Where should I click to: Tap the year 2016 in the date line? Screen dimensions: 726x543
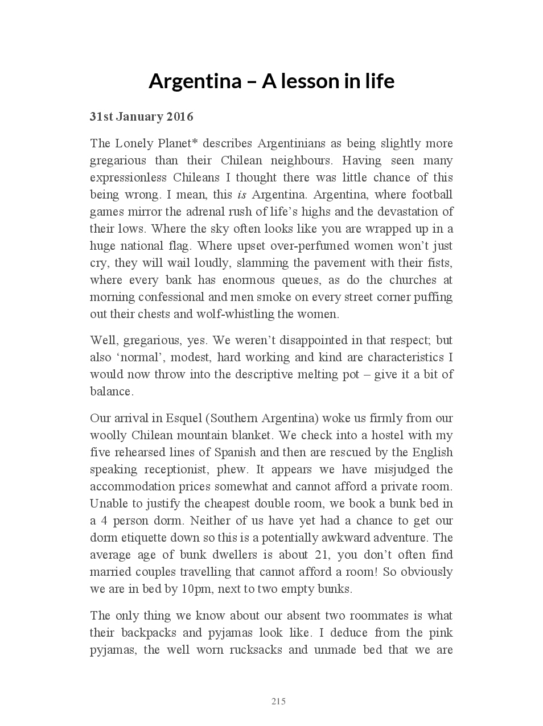coord(179,117)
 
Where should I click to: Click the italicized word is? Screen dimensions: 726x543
coord(241,195)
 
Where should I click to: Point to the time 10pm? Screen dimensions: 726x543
coord(196,589)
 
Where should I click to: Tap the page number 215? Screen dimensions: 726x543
coord(278,702)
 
